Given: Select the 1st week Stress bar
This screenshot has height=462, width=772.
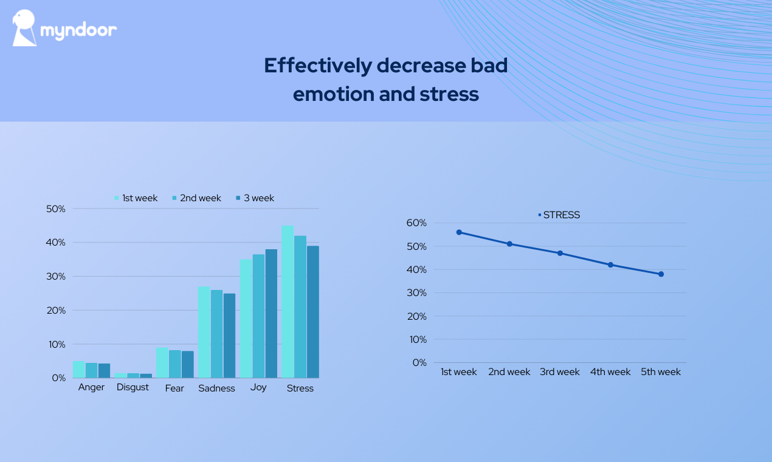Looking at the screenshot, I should click(288, 302).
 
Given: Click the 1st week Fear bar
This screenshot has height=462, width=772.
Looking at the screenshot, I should click(162, 362).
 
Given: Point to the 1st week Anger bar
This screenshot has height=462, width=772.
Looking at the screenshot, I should click(79, 369).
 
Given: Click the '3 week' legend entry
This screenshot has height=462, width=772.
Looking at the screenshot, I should click(255, 198).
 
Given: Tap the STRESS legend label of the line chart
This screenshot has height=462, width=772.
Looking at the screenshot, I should click(561, 215).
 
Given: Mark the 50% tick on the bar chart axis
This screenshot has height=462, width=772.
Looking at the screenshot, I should click(56, 209).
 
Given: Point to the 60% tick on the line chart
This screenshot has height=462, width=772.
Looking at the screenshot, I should click(416, 223).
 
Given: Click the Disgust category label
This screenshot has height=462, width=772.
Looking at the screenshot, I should click(133, 387).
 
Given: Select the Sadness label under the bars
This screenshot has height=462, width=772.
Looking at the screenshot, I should click(216, 388).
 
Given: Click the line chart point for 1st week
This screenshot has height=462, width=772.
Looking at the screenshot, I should click(459, 232).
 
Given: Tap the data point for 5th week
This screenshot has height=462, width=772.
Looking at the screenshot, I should click(661, 274).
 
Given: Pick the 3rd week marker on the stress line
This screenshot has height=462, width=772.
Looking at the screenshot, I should click(560, 253).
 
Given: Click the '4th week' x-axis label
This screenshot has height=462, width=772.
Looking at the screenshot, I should click(610, 372).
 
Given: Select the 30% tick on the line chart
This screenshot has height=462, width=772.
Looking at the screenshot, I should click(416, 293).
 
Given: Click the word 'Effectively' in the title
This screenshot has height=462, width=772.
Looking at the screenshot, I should click(317, 66).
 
